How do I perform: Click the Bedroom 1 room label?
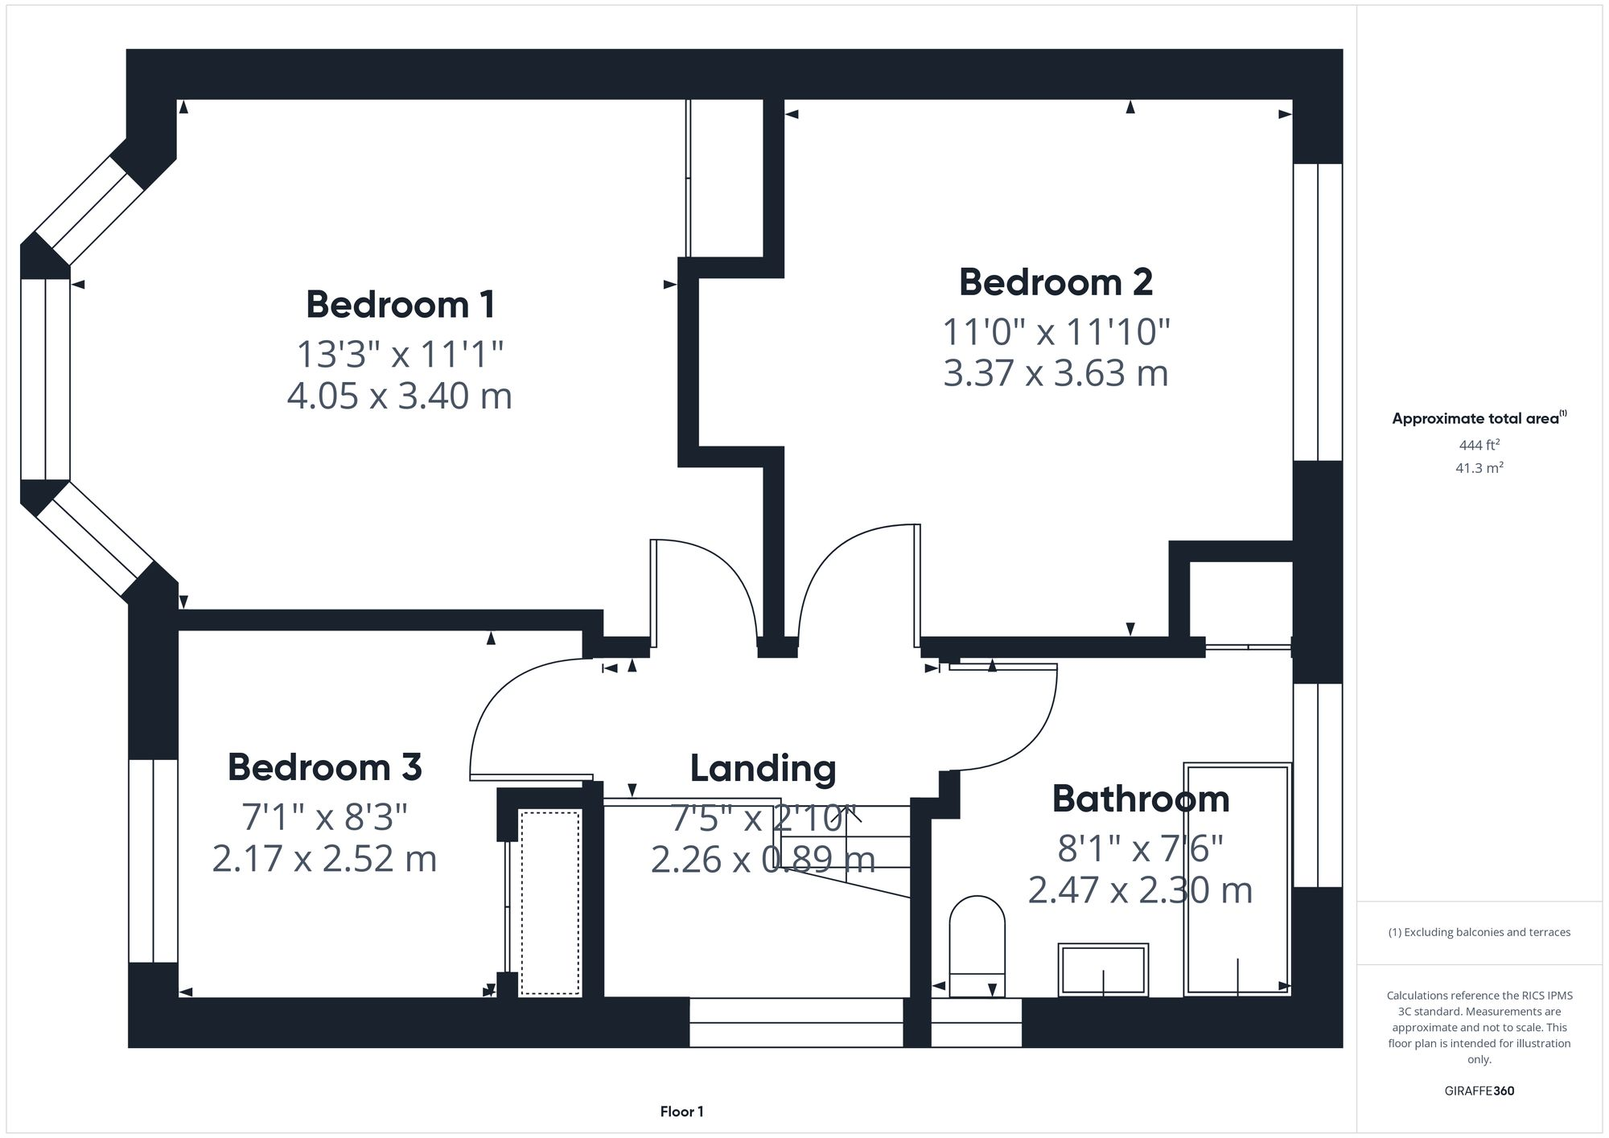coord(400,305)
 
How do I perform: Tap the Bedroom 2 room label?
coord(1056,282)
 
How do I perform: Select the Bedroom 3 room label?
coord(324,767)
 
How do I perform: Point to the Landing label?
coord(763,768)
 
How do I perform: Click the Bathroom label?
coord(1141,799)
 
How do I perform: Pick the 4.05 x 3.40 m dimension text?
coord(400,396)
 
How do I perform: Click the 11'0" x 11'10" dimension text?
coord(1056,331)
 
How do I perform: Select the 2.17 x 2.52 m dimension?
coord(324,858)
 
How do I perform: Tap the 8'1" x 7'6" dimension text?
coord(1141,848)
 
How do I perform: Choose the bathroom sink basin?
coord(1103,969)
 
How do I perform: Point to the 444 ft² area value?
coord(1479,445)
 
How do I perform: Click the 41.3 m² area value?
coord(1479,467)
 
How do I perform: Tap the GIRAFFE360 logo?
coord(1479,1091)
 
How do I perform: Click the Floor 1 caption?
coord(681,1112)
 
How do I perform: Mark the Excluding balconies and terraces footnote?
coord(1479,932)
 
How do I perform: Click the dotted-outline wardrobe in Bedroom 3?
coord(550,903)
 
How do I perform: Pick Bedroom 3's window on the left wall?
coord(153,861)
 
